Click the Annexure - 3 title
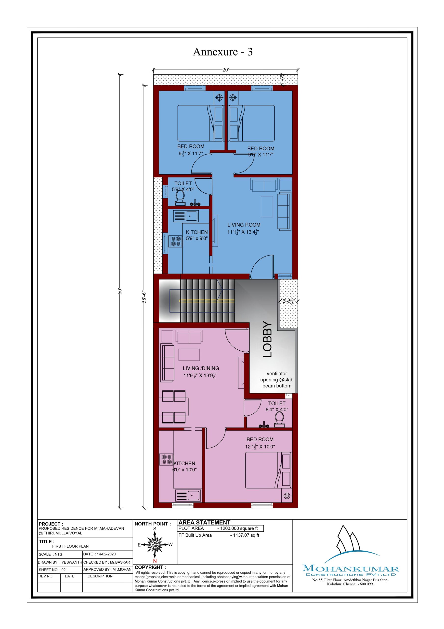click(x=223, y=52)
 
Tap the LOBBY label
click(x=267, y=339)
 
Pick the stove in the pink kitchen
click(x=167, y=459)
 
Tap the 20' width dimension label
click(x=225, y=70)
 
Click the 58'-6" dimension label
click(x=144, y=297)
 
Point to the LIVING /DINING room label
click(x=201, y=368)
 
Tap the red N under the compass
click(x=155, y=561)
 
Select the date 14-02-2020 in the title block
click(x=106, y=554)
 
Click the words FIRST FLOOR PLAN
click(x=70, y=546)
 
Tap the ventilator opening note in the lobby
click(x=277, y=380)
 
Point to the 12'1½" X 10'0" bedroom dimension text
click(x=260, y=446)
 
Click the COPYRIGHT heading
click(x=150, y=567)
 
